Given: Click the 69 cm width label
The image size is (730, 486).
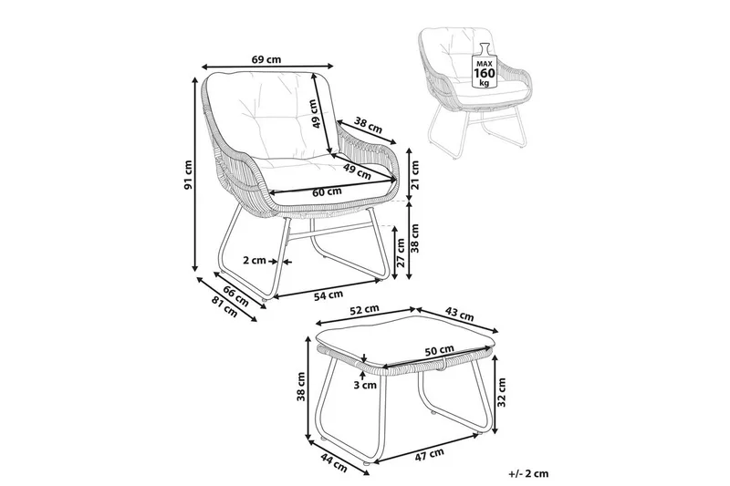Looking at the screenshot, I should (266, 60).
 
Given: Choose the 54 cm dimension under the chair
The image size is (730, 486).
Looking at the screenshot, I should (328, 295).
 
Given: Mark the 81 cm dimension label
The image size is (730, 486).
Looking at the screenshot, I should (222, 307).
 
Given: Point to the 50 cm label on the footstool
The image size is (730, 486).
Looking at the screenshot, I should (439, 350).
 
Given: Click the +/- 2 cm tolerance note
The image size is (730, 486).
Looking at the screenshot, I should (529, 474).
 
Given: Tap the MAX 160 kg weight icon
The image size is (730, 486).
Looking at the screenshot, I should (483, 64).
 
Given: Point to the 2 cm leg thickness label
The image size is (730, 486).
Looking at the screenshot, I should (255, 260).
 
